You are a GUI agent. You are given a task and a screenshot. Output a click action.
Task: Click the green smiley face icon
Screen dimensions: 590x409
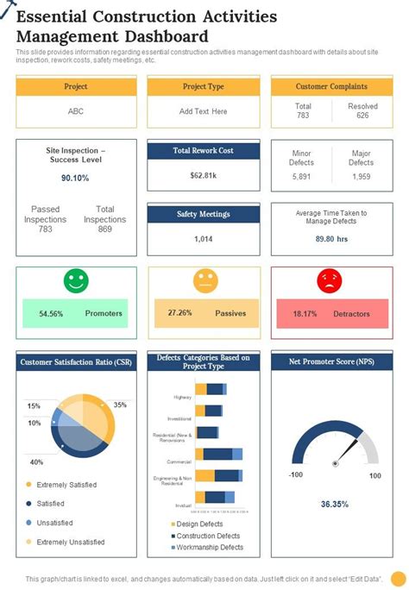[76, 281]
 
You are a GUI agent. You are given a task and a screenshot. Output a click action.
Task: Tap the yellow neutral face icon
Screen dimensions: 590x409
[204, 281]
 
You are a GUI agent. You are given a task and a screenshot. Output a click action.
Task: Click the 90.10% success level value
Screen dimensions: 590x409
[75, 178]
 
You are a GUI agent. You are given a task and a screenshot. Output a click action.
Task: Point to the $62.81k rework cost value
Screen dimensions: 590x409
[204, 175]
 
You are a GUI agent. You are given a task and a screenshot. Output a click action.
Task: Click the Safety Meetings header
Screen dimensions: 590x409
[204, 214]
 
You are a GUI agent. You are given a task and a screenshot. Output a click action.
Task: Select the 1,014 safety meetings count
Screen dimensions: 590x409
[204, 239]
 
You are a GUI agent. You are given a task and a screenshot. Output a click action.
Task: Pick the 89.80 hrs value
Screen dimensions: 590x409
[330, 239]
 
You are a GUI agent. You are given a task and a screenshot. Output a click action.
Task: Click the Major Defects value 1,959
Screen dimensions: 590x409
[361, 176]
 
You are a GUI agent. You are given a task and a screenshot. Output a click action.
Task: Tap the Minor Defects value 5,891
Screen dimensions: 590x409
[302, 176]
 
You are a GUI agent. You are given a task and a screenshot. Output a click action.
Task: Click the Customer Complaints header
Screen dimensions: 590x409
[331, 87]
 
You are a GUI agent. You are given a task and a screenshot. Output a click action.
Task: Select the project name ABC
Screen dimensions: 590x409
[76, 111]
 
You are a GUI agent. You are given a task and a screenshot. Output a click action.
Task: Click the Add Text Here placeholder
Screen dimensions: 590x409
[204, 111]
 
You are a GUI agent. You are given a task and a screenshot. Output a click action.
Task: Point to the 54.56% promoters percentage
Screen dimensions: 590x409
[51, 314]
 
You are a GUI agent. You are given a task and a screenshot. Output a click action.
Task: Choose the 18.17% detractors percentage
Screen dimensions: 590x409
[306, 314]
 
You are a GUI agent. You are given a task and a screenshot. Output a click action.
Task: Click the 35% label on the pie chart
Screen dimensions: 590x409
[120, 405]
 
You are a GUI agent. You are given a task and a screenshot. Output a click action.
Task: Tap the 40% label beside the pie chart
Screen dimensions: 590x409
[36, 462]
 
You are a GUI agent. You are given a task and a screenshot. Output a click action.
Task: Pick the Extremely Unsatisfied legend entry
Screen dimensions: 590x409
[70, 542]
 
